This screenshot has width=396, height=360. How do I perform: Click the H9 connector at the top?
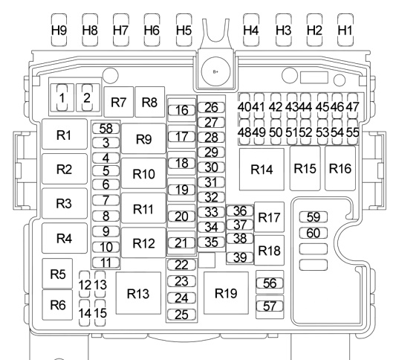(x=59, y=30)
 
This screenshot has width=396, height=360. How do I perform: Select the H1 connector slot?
(x=345, y=30)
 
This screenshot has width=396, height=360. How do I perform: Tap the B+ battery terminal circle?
(x=215, y=71)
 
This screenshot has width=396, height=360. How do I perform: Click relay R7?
(x=118, y=102)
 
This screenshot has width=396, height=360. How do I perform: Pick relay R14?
(x=262, y=169)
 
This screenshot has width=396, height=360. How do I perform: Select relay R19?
(x=226, y=293)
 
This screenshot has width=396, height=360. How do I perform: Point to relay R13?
(x=138, y=293)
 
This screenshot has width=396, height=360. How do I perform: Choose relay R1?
(x=65, y=134)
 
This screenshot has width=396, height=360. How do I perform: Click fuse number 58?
(x=106, y=129)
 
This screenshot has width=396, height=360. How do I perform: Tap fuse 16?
(x=181, y=110)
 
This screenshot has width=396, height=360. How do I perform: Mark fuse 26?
(x=212, y=107)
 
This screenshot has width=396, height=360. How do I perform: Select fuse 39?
(x=240, y=257)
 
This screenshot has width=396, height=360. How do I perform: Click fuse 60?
(x=314, y=233)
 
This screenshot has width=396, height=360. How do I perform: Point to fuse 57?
(x=270, y=306)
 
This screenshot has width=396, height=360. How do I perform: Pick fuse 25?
(x=181, y=315)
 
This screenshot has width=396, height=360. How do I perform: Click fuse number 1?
(x=62, y=98)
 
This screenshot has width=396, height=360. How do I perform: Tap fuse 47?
(x=353, y=106)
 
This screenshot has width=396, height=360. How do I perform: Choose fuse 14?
(x=85, y=313)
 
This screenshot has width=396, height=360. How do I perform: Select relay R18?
(x=269, y=250)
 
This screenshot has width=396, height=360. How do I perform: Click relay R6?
(x=58, y=305)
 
